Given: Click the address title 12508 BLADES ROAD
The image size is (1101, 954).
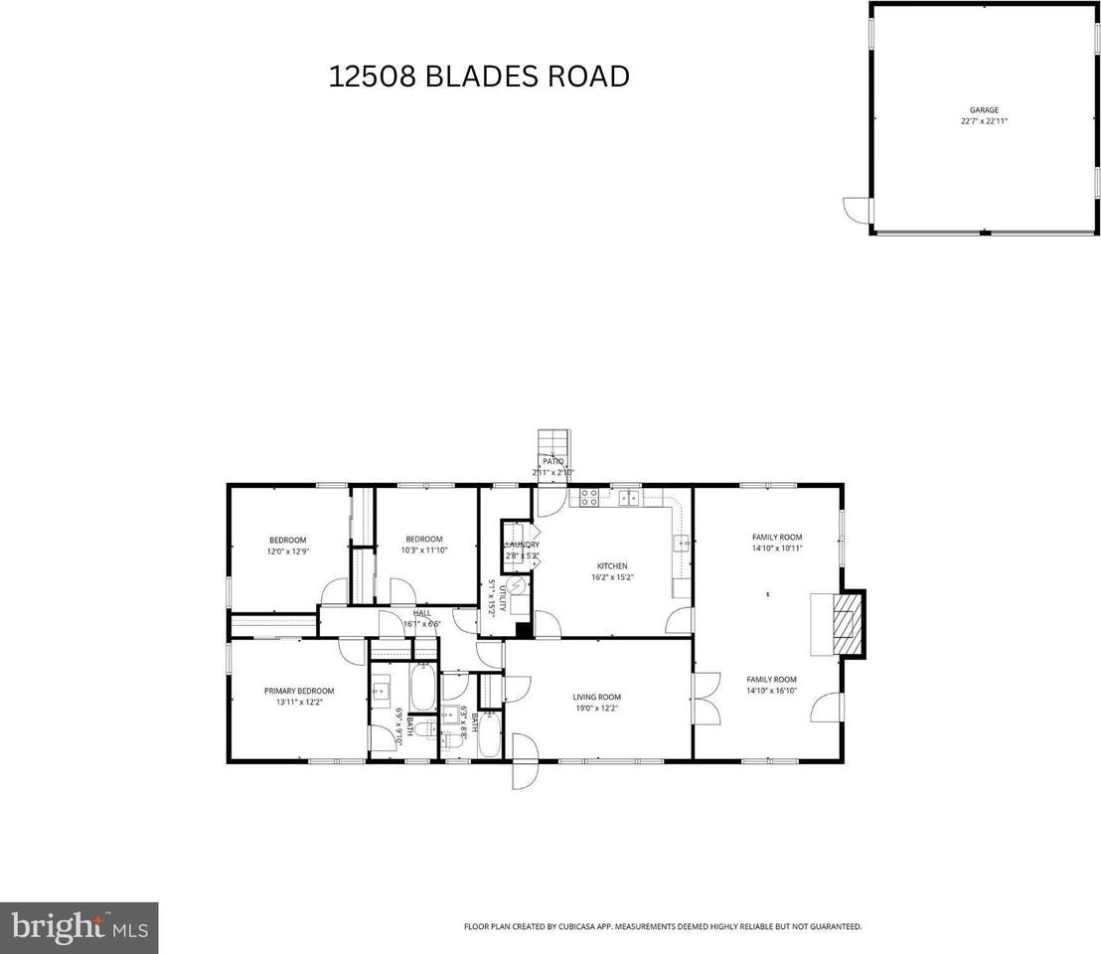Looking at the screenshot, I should coord(479,77).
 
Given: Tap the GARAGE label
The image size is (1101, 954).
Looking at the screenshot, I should coord(984,110).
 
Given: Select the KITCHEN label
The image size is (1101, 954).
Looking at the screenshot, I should coord(611,566).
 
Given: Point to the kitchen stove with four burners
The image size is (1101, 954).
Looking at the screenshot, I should coord(588,499).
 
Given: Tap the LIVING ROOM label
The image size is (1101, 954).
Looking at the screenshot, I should coord(596,697).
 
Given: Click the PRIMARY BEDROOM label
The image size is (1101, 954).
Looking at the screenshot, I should coord(298,691).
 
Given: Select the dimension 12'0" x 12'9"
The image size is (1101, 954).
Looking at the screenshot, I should coord(286,551).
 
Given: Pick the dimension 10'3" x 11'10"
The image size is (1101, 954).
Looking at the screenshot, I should coord(423,550).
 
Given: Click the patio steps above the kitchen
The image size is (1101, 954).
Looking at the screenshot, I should coord(551,443).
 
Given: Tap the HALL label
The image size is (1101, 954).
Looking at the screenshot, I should coord(422,613).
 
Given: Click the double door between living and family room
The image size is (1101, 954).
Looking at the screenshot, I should coord(706,697).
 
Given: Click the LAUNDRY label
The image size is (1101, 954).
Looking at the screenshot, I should coord(522,545).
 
